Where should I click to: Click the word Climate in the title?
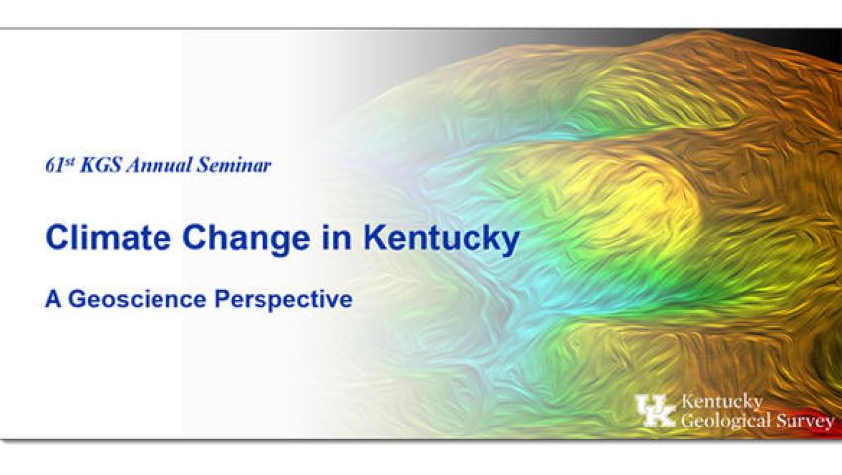pos(108,237)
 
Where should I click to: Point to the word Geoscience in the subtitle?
pos(138,299)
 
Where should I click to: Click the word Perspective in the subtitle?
pos(283,300)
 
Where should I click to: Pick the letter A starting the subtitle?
pos(53,299)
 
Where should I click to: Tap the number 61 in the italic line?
pos(54,166)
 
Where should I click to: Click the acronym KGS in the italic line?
pos(100,166)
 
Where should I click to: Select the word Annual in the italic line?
pos(158,166)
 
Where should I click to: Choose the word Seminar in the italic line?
pos(234,166)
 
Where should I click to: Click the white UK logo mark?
pos(655,411)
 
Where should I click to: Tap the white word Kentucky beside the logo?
pos(722,402)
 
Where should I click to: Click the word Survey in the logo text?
pos(805,422)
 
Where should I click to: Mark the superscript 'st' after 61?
pos(68,161)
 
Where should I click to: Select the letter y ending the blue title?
pos(512,242)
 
